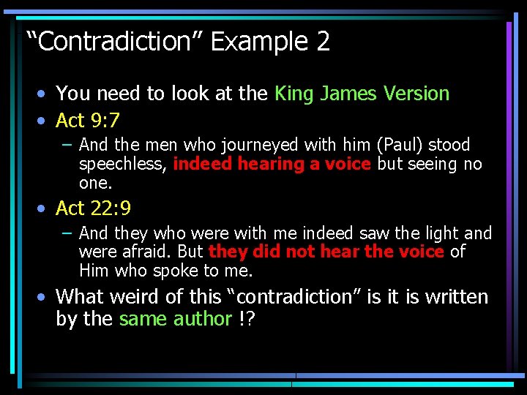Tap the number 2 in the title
[324, 42]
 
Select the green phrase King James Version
[362, 94]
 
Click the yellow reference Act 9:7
[88, 120]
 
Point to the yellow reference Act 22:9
[93, 208]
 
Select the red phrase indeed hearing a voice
[272, 164]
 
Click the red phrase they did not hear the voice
[326, 252]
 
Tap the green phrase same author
[176, 320]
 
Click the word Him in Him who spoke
[95, 271]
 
